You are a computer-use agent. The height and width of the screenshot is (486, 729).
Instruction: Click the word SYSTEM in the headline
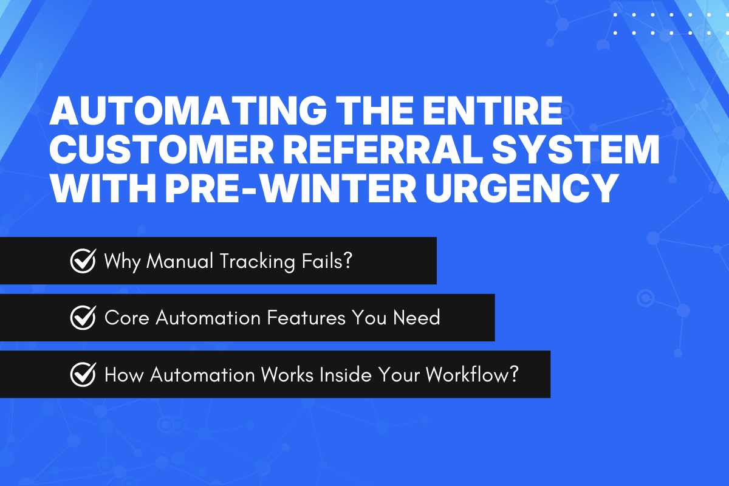click(583, 151)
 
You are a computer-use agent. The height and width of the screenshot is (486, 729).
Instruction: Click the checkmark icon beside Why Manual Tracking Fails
click(83, 261)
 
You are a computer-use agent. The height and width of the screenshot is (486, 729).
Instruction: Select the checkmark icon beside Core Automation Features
click(83, 318)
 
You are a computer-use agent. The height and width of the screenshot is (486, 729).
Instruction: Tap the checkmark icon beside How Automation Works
click(83, 375)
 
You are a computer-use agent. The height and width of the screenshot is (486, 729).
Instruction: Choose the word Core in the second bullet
click(126, 318)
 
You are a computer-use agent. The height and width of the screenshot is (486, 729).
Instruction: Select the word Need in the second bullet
click(417, 318)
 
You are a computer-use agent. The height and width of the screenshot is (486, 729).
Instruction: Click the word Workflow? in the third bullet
click(471, 375)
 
